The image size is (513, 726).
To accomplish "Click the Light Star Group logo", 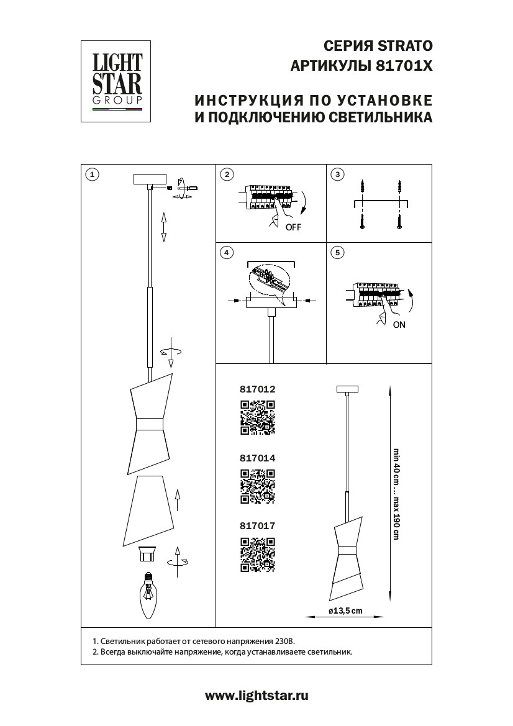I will [117, 81].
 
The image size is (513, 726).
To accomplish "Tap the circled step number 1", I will [92, 175].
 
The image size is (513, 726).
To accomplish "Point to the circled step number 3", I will [337, 175].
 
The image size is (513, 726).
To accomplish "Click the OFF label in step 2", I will [293, 227].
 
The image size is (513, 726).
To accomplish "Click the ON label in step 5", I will [399, 325].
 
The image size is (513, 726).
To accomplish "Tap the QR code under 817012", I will [257, 417].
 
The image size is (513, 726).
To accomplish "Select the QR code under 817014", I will [257, 486].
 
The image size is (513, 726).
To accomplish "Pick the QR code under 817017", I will [257, 554].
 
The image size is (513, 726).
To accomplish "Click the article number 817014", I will [256, 458].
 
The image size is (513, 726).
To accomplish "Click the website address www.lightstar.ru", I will [256, 696].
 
